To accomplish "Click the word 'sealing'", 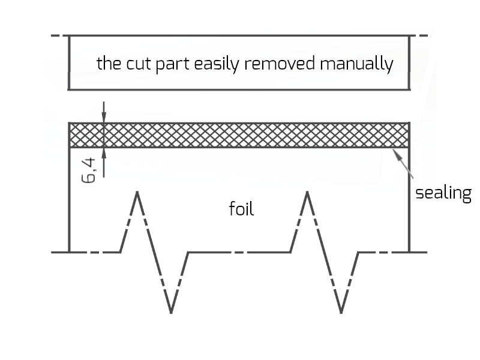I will click(443, 194).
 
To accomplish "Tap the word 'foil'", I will click(242, 209).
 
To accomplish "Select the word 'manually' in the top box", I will click(356, 64).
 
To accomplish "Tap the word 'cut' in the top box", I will click(139, 64).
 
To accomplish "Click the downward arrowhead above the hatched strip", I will click(104, 118).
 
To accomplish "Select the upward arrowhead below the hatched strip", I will click(104, 152).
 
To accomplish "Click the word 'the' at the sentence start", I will click(109, 64).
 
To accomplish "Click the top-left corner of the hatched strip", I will click(70, 123).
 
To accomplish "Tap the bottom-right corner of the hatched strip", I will click(409, 147).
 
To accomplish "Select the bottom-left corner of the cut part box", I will click(70, 90).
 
